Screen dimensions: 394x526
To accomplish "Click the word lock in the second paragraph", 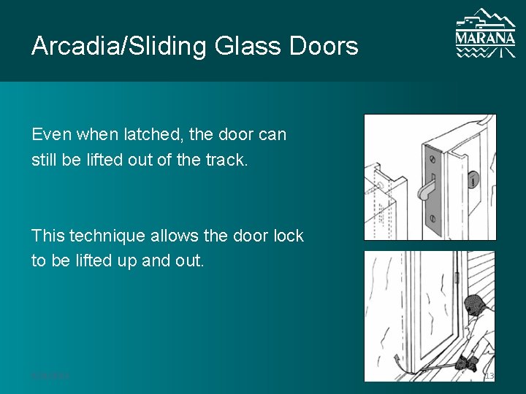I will click(x=288, y=236).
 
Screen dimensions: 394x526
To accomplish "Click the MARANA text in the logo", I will click(x=484, y=36).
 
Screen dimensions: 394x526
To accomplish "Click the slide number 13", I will click(x=489, y=376).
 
